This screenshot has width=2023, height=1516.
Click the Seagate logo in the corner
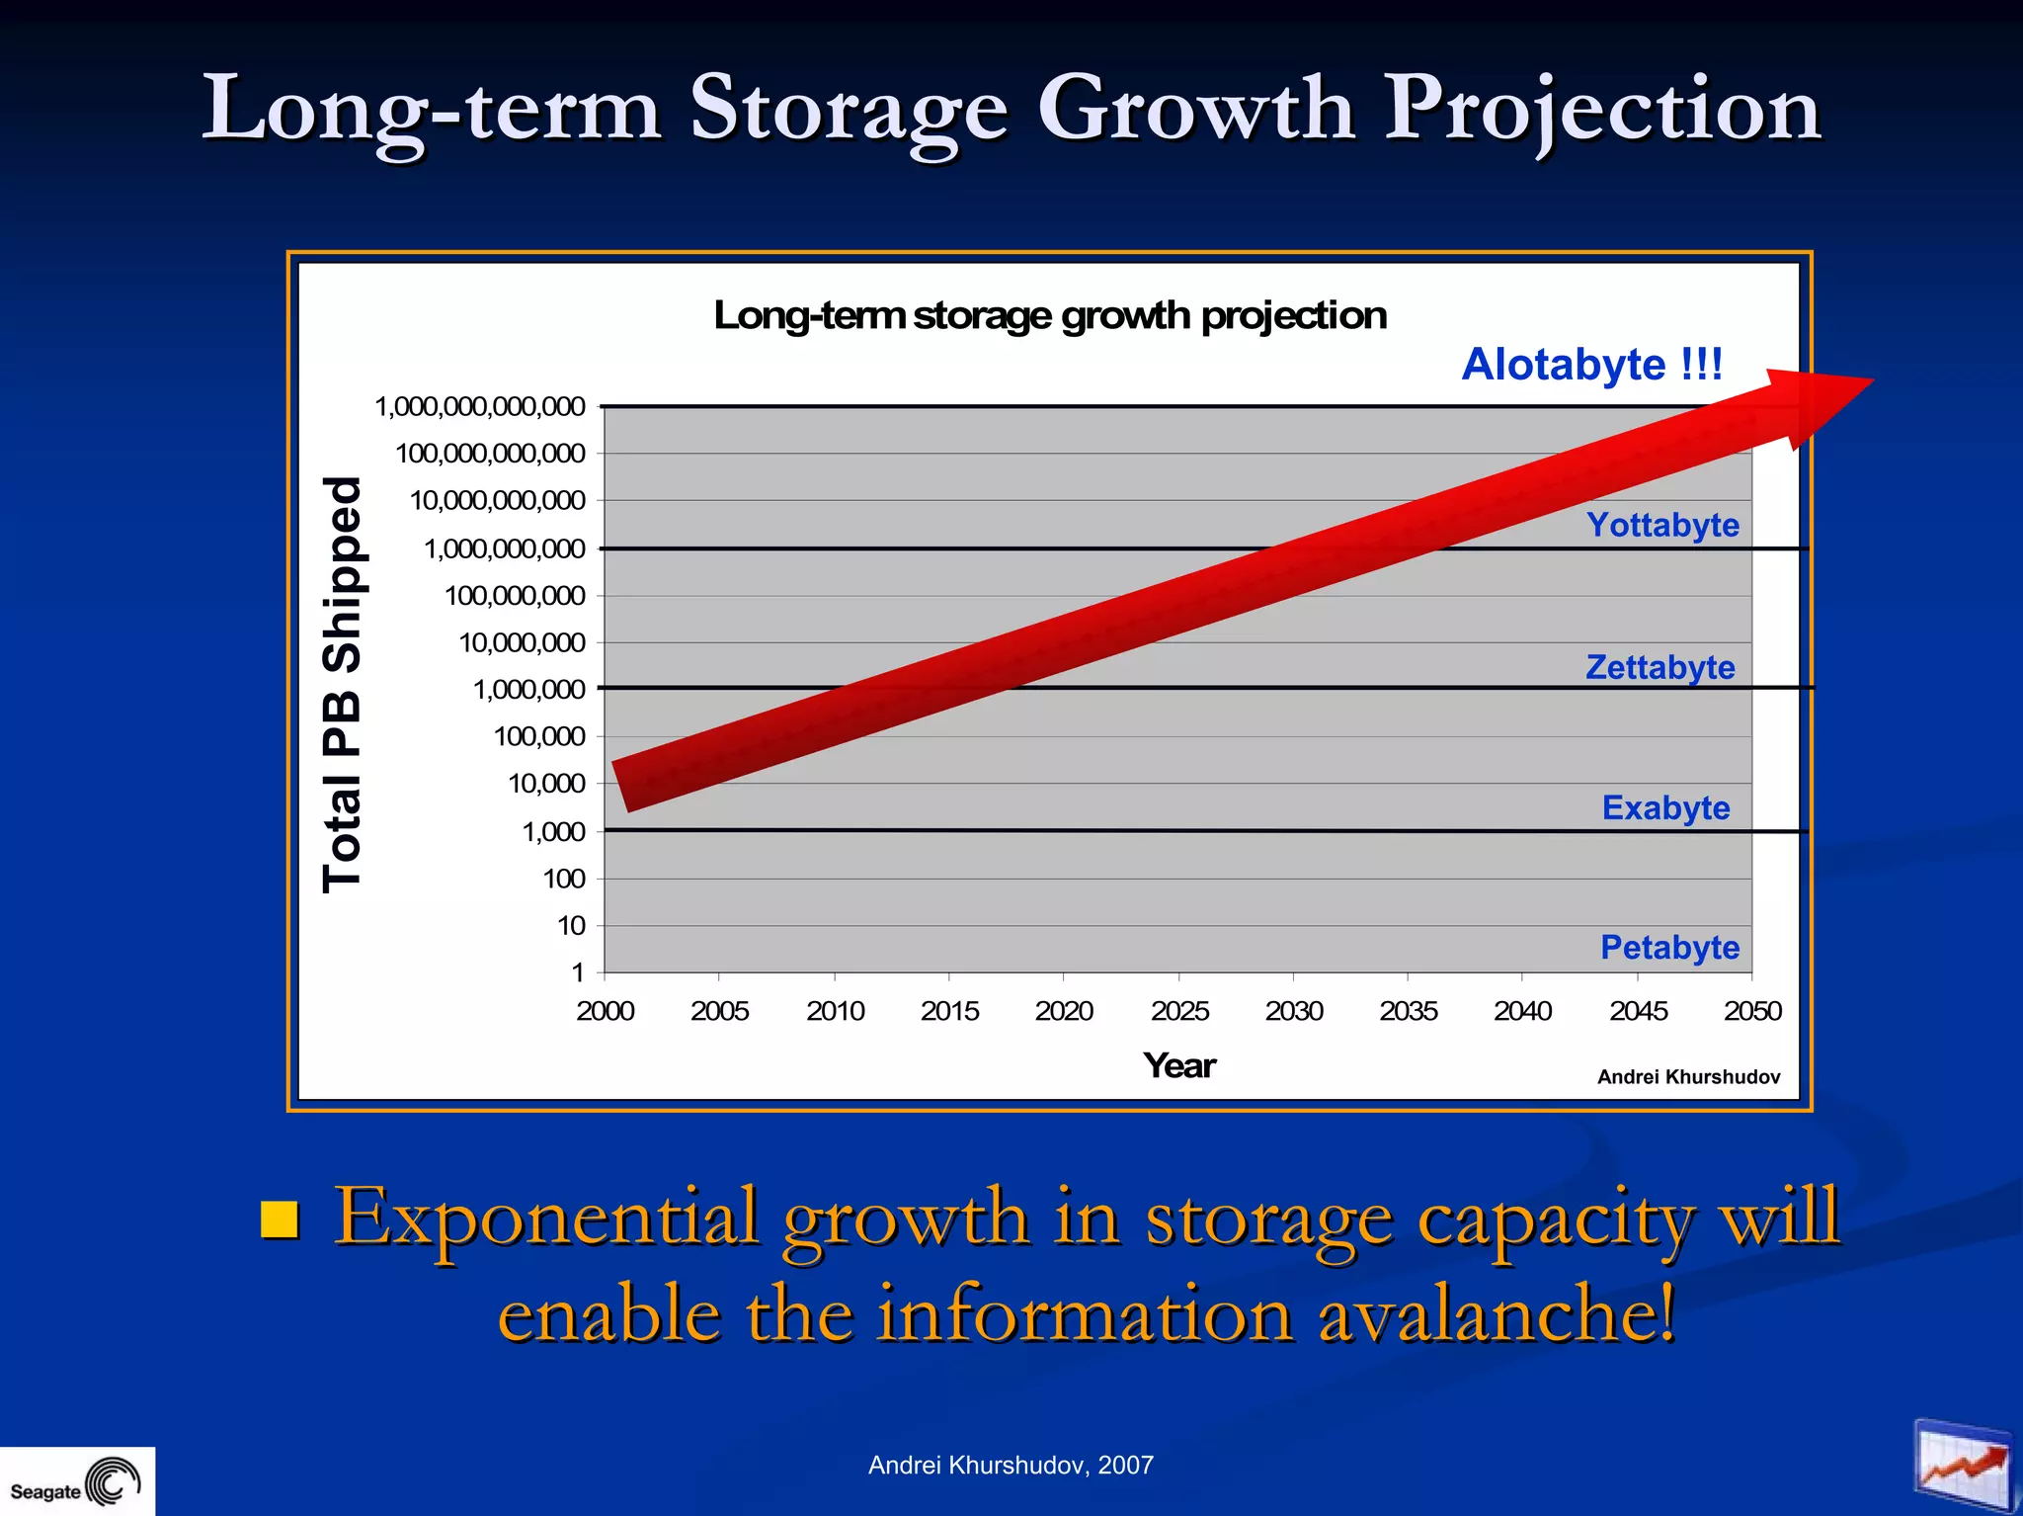[76, 1482]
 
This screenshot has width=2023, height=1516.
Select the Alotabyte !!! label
[1591, 365]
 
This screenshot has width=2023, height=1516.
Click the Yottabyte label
[1662, 525]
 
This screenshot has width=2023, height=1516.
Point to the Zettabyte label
[1659, 667]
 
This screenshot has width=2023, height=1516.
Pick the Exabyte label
[1665, 807]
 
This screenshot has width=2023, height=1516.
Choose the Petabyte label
[1669, 947]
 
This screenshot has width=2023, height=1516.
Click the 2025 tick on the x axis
[1179, 1011]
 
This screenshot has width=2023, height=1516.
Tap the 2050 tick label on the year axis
[1752, 1011]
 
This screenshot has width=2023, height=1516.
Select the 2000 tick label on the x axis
[606, 1011]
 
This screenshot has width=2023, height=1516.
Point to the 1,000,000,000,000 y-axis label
[480, 406]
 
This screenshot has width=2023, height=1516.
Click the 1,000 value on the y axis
[553, 831]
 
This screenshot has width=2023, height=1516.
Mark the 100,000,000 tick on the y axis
[515, 596]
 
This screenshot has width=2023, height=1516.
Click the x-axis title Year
[1179, 1065]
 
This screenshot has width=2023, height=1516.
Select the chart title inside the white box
[1049, 315]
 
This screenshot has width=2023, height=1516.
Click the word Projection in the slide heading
[1600, 109]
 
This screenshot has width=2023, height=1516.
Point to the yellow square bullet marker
[280, 1220]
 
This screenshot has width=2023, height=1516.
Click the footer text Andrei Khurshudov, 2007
[1011, 1465]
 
